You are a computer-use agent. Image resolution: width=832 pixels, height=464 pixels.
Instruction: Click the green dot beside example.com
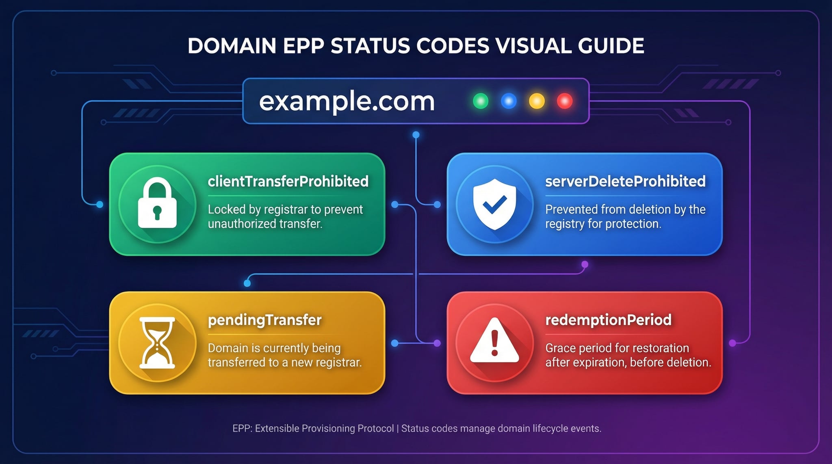click(481, 101)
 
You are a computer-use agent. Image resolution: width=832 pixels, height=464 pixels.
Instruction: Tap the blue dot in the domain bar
click(509, 101)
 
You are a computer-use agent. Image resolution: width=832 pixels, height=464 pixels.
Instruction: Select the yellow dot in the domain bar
click(537, 101)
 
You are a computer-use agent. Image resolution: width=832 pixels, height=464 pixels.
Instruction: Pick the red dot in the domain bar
click(565, 101)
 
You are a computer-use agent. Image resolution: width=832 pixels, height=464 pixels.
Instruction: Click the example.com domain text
click(347, 101)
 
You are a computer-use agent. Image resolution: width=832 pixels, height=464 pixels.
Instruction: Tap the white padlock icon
click(157, 203)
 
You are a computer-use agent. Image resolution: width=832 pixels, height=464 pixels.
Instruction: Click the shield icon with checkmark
click(494, 204)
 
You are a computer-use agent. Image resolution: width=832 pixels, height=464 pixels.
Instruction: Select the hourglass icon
click(157, 343)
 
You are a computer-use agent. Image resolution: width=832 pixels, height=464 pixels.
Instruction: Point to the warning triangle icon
click(494, 340)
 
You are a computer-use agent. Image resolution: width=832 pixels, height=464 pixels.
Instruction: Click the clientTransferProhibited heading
click(288, 181)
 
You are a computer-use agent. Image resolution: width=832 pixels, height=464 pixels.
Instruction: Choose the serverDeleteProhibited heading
click(625, 181)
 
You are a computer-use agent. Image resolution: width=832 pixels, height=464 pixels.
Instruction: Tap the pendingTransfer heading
click(264, 320)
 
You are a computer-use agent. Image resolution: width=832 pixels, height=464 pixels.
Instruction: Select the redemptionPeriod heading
click(608, 320)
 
